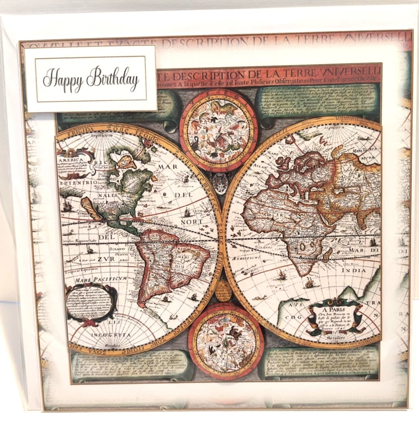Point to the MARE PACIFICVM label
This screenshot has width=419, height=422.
click(100, 280)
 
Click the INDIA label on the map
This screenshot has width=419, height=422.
click(354, 270)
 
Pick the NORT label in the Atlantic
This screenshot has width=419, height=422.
click(192, 222)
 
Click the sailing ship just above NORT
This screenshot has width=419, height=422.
click(187, 212)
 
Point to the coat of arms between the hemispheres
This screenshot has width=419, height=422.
click(220, 183)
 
